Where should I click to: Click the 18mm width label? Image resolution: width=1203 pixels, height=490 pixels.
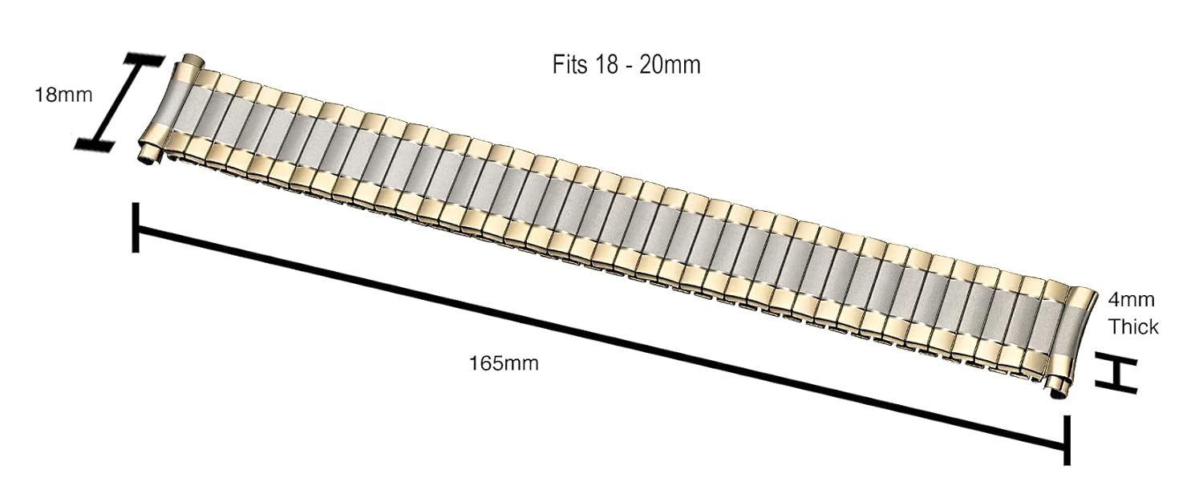click(63, 95)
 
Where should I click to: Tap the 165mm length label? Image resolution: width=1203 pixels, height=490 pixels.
click(504, 363)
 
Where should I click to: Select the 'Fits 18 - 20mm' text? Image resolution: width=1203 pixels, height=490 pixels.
click(626, 65)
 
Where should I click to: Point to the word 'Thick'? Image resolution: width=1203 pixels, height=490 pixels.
click(1133, 327)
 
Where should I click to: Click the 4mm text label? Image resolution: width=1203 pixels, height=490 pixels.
click(1131, 301)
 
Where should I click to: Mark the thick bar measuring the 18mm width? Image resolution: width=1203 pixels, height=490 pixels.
click(120, 102)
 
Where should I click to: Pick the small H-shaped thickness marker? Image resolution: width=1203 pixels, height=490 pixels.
click(1117, 373)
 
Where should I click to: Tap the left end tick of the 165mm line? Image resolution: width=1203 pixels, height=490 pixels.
click(137, 228)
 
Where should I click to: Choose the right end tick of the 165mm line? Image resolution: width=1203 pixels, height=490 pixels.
click(1066, 439)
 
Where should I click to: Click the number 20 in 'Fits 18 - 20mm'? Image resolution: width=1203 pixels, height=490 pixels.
click(650, 65)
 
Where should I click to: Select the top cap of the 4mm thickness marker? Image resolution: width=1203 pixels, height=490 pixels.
click(1117, 358)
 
